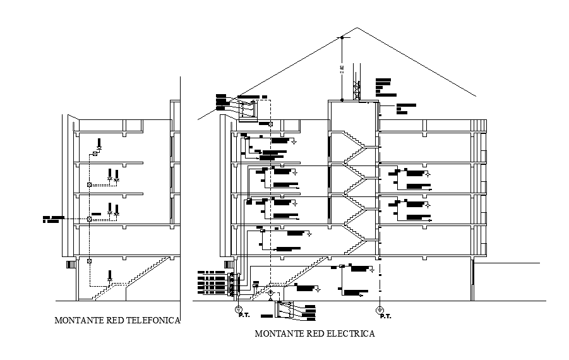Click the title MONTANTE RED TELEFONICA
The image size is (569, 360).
coord(117,320)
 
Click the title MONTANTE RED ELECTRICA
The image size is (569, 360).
coord(314,333)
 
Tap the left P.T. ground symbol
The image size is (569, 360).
coord(239,309)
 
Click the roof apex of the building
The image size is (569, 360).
coord(357,27)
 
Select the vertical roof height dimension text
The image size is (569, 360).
coord(342,69)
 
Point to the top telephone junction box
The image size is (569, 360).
coord(95,153)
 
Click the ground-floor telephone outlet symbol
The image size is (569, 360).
coord(110,275)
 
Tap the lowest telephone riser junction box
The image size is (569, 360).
coord(89,260)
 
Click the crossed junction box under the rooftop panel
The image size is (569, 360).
coord(271,124)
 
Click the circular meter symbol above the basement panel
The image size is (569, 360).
coord(270,293)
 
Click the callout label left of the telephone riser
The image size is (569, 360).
coord(54,219)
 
